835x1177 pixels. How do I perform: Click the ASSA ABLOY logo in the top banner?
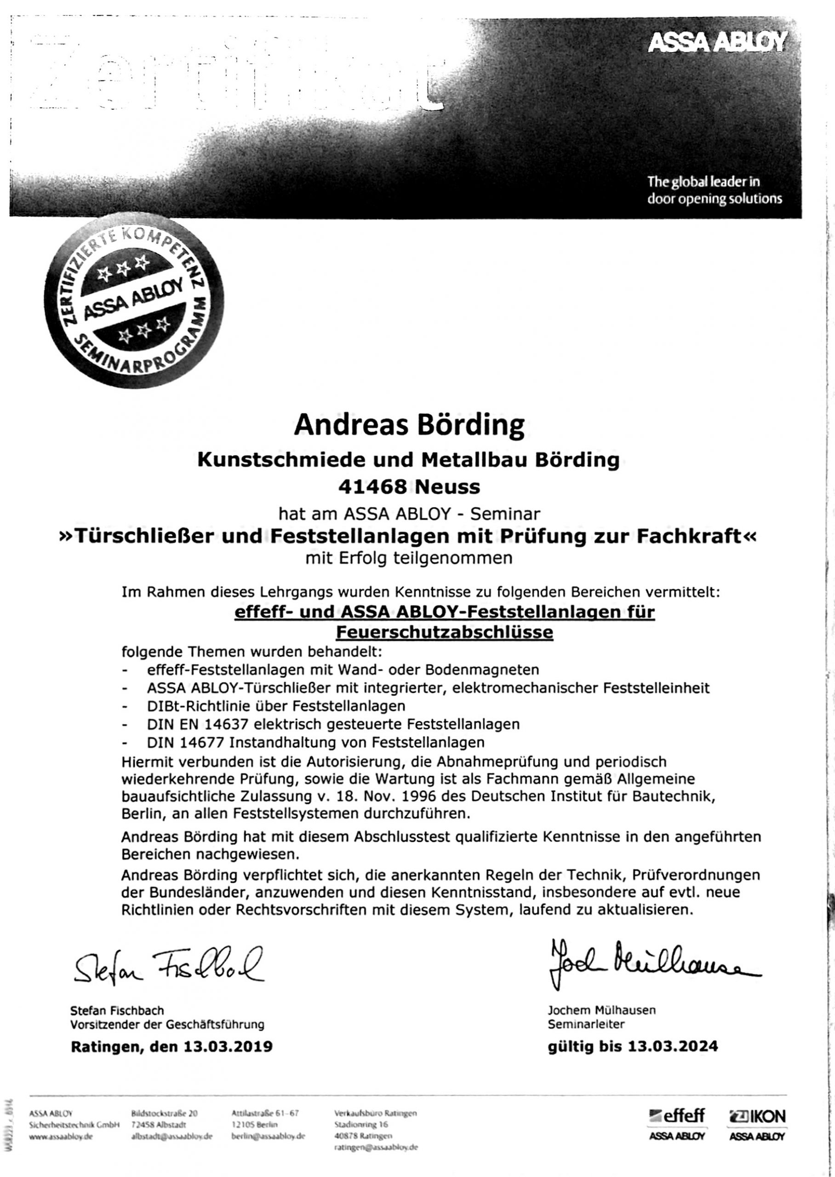tap(717, 43)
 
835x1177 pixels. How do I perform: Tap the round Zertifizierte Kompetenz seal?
tap(134, 303)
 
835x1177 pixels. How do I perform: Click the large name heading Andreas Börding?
tap(409, 425)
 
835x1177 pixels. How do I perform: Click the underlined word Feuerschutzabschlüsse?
tap(444, 632)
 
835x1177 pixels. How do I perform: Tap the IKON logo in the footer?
tap(757, 1116)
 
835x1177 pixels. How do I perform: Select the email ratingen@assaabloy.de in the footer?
tap(376, 1147)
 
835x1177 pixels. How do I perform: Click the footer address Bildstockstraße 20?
tap(164, 1113)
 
